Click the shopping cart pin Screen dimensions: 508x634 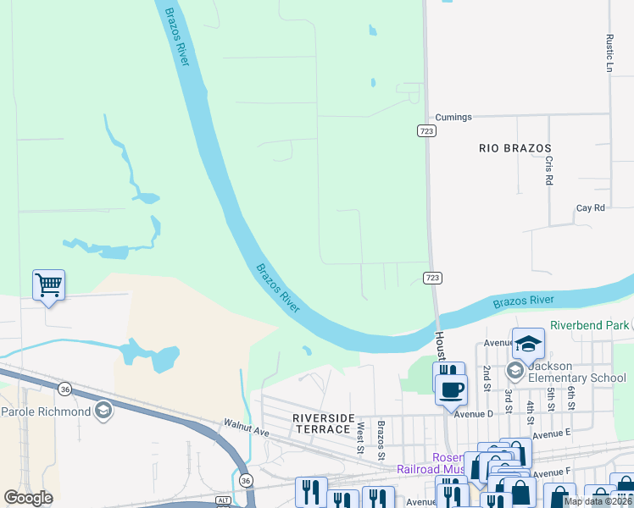48,285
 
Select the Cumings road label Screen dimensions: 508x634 453,117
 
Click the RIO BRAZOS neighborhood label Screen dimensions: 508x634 514,147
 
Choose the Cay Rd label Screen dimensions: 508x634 590,207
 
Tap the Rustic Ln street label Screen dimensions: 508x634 609,52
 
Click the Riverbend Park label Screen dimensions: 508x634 590,325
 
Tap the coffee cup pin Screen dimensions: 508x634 451,389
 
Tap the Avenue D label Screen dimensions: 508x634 473,414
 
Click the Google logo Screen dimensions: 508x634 28,498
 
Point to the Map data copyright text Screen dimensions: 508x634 598,501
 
